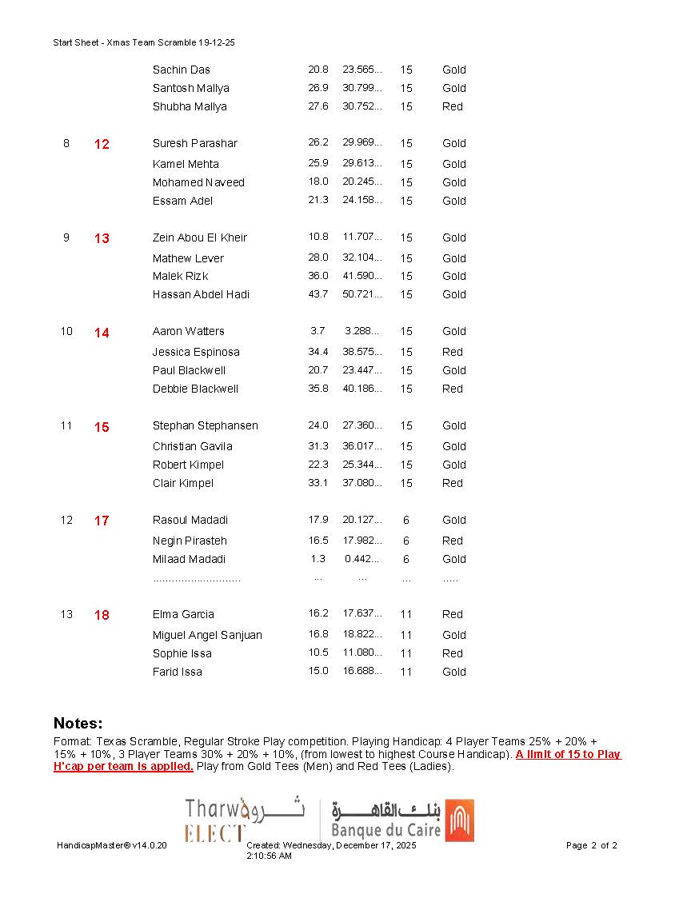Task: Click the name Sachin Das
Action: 182,70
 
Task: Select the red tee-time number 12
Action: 102,145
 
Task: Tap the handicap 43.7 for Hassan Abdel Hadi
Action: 318,294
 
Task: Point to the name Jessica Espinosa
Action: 196,352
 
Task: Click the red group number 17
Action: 102,521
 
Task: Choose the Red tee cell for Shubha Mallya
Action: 453,106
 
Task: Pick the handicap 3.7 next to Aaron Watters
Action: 318,331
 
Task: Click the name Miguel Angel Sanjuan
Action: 207,635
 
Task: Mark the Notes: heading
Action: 78,724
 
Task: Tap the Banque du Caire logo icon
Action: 459,820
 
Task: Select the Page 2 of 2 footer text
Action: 592,845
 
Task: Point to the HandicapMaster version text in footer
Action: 112,845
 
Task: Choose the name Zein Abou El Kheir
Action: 200,237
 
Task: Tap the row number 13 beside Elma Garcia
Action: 66,614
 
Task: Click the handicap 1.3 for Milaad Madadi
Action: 318,559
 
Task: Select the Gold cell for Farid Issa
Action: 454,672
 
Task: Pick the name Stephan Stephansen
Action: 206,425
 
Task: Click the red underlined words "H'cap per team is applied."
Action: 123,766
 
